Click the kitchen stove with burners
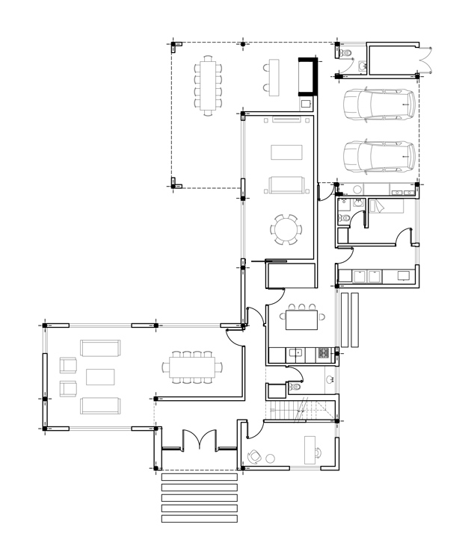324,352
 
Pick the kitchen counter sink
295,352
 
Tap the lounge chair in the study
254,455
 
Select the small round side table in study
271,458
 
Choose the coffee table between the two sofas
100,376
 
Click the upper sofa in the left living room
100,349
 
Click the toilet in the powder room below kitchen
295,388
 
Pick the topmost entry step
199,476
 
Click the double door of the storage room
426,60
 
